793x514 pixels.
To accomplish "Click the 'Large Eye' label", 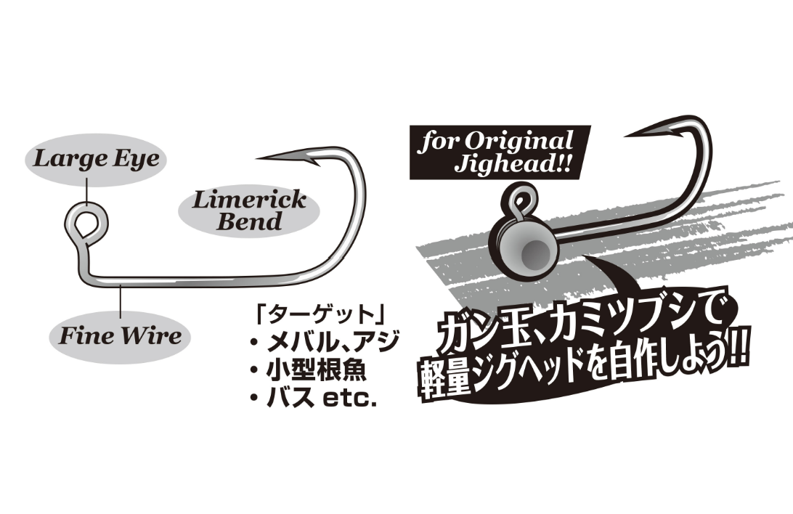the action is (95, 159).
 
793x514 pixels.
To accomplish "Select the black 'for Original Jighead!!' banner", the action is (499, 151).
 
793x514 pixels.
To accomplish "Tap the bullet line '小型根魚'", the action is (316, 371).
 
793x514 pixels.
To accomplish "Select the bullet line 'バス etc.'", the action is (321, 399).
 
